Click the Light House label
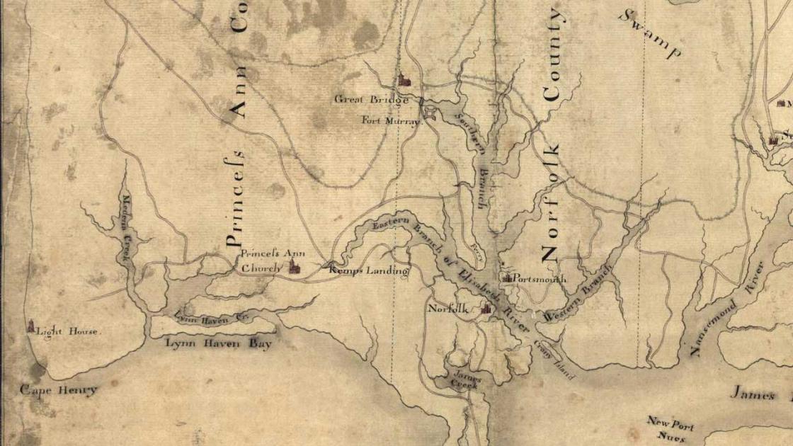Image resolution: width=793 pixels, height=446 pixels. pyautogui.click(x=69, y=331)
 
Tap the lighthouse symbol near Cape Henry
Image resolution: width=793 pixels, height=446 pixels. pyautogui.click(x=30, y=326)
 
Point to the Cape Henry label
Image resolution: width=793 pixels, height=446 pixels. pyautogui.click(x=58, y=390)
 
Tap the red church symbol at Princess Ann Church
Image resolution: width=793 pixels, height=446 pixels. pyautogui.click(x=294, y=266)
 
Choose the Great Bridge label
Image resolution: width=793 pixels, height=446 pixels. pyautogui.click(x=371, y=100)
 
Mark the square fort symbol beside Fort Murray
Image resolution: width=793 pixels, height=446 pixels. pyautogui.click(x=428, y=111)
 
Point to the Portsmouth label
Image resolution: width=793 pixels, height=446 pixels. pyautogui.click(x=540, y=279)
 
